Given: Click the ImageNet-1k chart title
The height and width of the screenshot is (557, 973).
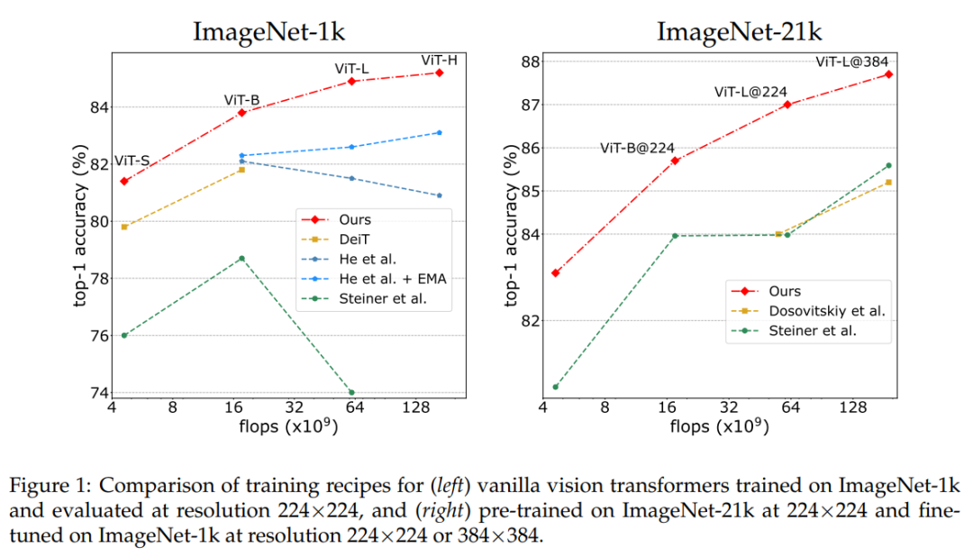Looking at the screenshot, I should coord(268,32).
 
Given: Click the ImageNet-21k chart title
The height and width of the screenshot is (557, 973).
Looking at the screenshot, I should coord(739,32).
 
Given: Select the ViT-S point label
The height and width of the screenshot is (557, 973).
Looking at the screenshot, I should coord(132,160).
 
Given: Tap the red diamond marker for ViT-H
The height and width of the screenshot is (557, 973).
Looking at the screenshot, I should coord(439,72).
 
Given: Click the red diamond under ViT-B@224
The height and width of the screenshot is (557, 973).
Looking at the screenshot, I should coord(673,160).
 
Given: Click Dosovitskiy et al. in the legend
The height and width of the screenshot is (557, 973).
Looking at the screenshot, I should coord(827,311).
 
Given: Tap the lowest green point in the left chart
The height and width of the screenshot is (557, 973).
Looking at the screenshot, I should coord(351,392).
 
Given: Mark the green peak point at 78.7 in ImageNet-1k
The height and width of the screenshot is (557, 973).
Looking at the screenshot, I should coord(241,259).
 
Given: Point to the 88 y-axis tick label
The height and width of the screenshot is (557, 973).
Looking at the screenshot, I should coord(528,61).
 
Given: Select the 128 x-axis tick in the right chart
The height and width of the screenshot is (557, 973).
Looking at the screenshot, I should coord(853,406).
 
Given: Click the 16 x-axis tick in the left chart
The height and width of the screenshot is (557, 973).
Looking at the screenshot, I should coord(234,406).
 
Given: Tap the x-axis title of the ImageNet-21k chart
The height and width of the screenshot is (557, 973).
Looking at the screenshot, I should coord(719,426).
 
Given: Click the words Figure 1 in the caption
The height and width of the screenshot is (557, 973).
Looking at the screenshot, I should coord(43,487).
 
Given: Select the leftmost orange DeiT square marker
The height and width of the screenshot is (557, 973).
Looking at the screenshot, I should coord(124,226).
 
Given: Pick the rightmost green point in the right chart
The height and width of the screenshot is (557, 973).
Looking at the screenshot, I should coord(888,165).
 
